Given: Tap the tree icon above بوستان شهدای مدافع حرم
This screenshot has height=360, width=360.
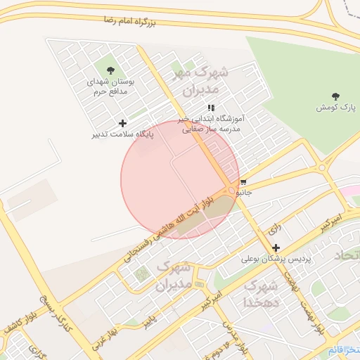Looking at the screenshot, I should click(x=110, y=70).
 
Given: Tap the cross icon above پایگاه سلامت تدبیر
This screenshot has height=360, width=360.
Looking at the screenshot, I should click(x=122, y=123).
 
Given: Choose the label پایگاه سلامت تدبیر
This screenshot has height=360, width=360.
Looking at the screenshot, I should click(x=122, y=134).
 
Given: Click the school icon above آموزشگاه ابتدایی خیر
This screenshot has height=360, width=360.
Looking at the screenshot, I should click(x=211, y=108).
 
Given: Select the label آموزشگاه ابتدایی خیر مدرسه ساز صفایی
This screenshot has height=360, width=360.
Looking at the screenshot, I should click(x=211, y=124).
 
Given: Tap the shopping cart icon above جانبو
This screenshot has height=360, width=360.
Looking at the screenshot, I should click(x=243, y=181).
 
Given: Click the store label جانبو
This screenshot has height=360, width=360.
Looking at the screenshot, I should click(x=243, y=191).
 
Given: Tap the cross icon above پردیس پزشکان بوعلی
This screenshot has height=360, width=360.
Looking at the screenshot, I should click(x=276, y=247).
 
